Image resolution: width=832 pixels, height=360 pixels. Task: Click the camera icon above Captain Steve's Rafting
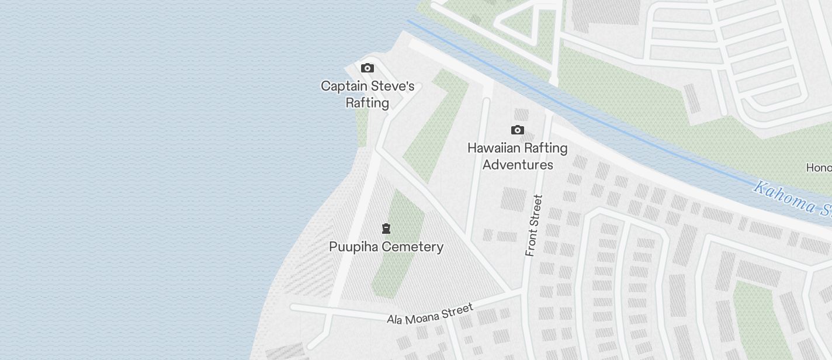pos(367,68)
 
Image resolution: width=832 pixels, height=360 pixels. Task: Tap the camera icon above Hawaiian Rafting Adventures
pos(517,130)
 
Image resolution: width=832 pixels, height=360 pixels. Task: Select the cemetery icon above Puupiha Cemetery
pos(386,228)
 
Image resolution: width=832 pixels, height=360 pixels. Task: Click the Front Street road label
pos(534,226)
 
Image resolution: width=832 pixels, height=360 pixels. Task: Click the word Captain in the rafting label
pos(344,86)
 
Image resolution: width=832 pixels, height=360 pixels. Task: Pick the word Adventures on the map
pos(518,165)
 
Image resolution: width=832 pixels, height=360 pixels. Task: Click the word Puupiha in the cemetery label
pos(352,247)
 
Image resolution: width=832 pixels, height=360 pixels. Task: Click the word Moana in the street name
pos(425,315)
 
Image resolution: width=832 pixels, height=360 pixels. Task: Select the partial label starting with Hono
pos(819,168)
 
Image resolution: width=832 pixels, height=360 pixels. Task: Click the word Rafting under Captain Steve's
pos(367,103)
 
